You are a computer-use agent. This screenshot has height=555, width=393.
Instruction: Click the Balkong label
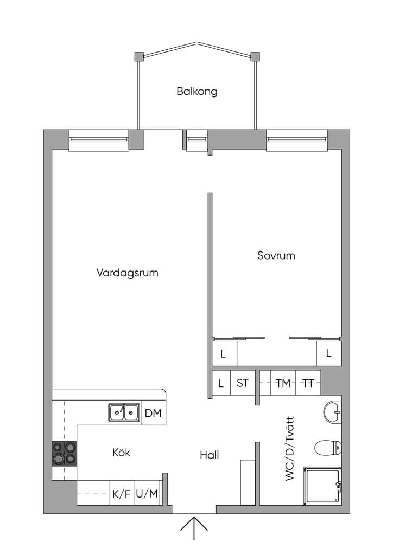(196, 91)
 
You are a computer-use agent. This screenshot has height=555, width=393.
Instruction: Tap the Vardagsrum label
(127, 273)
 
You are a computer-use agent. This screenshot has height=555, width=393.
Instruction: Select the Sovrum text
(276, 256)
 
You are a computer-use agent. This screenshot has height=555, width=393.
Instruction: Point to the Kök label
(121, 453)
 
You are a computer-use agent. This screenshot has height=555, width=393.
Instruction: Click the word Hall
(209, 455)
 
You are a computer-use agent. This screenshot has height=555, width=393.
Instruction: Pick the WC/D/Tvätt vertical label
(290, 448)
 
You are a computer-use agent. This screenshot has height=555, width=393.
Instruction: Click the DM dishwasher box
(153, 412)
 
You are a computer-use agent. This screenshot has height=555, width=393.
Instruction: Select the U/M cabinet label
(147, 493)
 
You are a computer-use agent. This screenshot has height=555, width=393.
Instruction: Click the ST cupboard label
(243, 383)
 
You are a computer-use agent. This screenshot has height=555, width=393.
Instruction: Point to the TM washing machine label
(283, 383)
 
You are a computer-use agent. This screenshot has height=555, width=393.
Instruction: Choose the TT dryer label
(308, 383)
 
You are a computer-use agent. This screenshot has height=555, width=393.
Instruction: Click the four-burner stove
(64, 454)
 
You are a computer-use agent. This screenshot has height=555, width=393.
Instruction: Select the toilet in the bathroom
(328, 448)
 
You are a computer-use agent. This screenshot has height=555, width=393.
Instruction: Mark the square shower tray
(322, 486)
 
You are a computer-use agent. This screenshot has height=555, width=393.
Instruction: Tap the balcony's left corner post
(138, 56)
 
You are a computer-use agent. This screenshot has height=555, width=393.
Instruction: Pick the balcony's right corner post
(255, 56)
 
